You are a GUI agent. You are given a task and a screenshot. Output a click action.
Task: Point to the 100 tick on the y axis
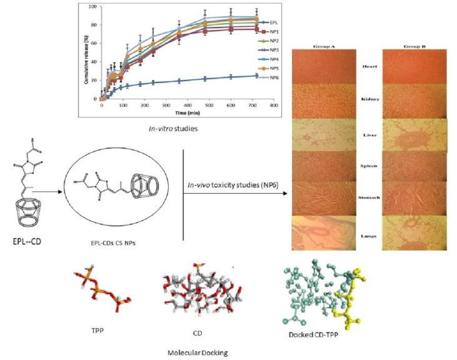[x=94, y=7]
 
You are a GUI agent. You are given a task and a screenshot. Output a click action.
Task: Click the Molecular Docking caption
[x=197, y=352]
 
